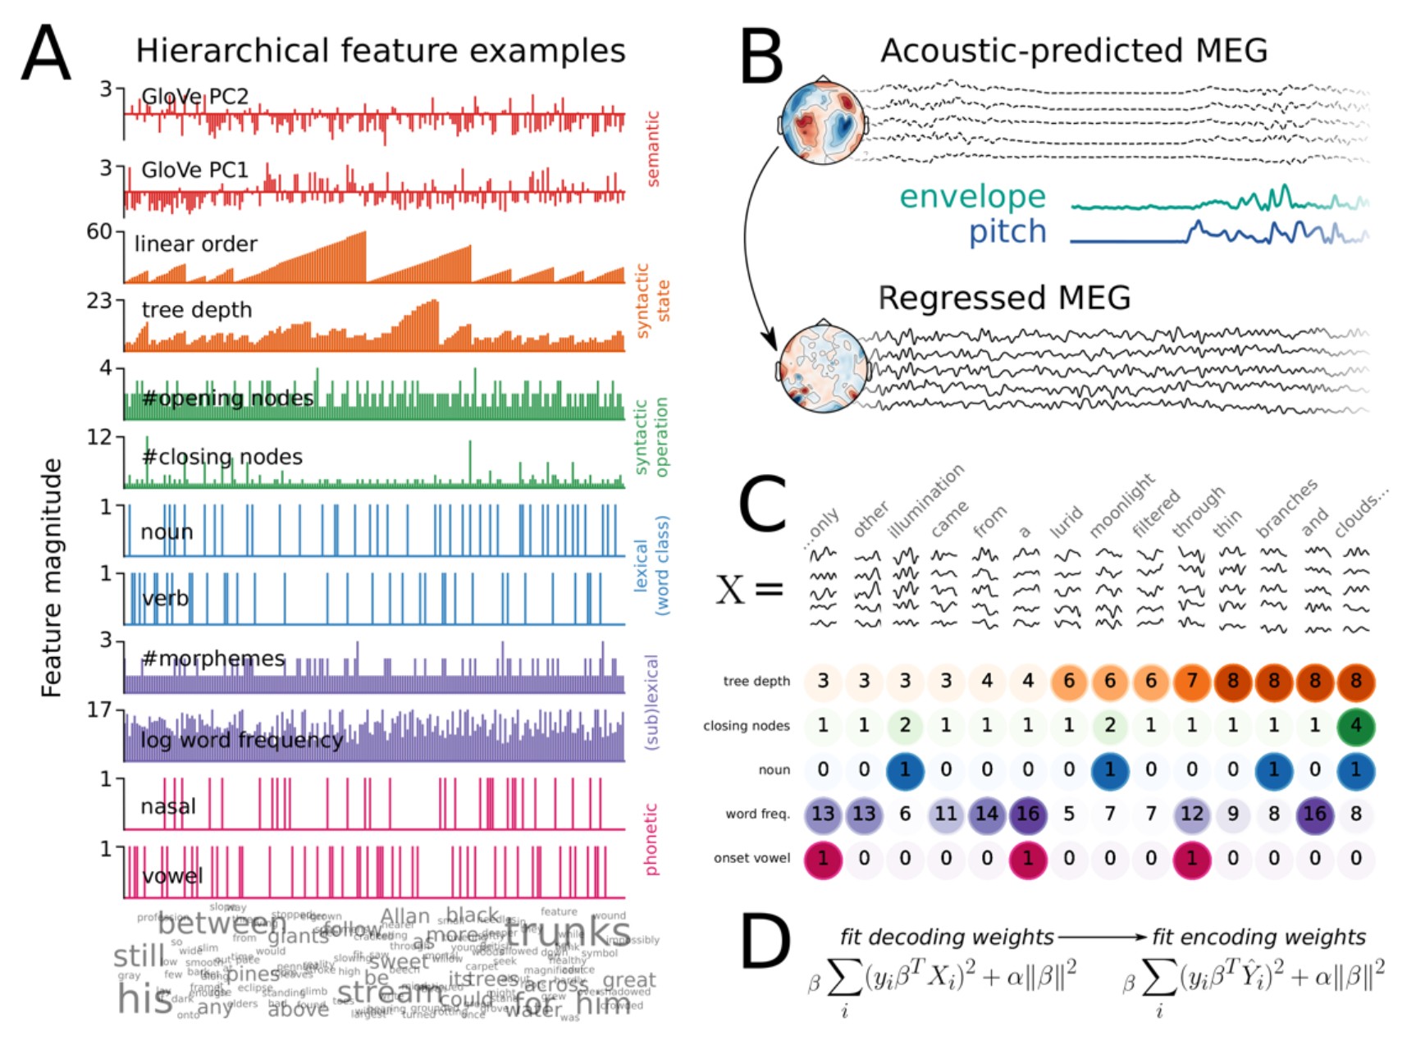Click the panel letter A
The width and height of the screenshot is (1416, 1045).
[46, 52]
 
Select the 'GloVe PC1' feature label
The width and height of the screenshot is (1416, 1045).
[194, 170]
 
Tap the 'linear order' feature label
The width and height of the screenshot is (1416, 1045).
[195, 244]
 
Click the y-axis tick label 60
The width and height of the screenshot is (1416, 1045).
[99, 232]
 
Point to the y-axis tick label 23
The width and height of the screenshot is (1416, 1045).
[99, 301]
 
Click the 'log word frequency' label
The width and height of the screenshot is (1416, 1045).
[241, 740]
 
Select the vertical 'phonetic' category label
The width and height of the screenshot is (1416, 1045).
[651, 838]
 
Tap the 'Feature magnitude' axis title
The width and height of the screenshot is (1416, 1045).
[52, 577]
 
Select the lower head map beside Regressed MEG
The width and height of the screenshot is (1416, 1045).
[822, 368]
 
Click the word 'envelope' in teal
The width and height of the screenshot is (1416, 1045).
[972, 197]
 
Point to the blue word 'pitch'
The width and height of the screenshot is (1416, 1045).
[1007, 232]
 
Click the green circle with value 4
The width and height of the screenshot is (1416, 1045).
[1355, 726]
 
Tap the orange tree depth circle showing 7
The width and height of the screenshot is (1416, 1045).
[1191, 682]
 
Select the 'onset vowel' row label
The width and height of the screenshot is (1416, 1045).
[751, 858]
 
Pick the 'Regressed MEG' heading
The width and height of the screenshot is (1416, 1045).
[1004, 298]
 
